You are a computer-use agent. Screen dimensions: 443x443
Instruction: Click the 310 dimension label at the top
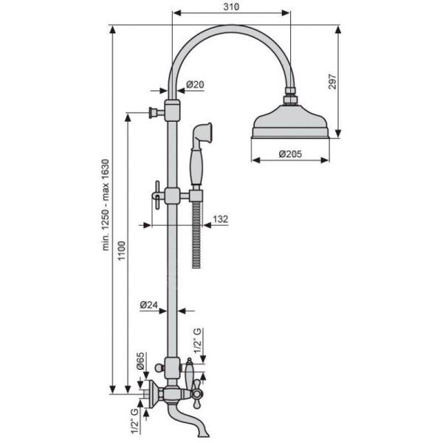click(x=231, y=7)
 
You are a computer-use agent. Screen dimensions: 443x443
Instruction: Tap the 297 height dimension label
click(x=332, y=82)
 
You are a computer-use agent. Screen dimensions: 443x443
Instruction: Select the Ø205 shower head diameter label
click(x=290, y=154)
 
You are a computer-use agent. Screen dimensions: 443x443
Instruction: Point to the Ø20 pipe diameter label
click(x=195, y=84)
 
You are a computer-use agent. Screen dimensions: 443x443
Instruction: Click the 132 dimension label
click(x=220, y=219)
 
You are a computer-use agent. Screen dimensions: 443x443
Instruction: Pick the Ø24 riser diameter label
click(x=148, y=305)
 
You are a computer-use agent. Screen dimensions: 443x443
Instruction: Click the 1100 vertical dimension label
click(x=121, y=250)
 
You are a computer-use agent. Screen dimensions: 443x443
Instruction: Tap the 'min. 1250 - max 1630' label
click(x=106, y=205)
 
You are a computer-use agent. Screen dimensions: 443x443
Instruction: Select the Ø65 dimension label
click(x=140, y=361)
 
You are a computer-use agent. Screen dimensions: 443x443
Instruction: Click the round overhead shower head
click(x=290, y=122)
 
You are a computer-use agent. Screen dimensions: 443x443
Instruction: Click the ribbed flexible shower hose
click(x=196, y=235)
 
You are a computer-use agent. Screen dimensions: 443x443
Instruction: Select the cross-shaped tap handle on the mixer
click(x=196, y=394)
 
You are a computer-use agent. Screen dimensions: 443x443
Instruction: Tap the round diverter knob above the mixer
click(x=159, y=368)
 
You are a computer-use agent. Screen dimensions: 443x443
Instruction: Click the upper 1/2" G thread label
click(x=198, y=340)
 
